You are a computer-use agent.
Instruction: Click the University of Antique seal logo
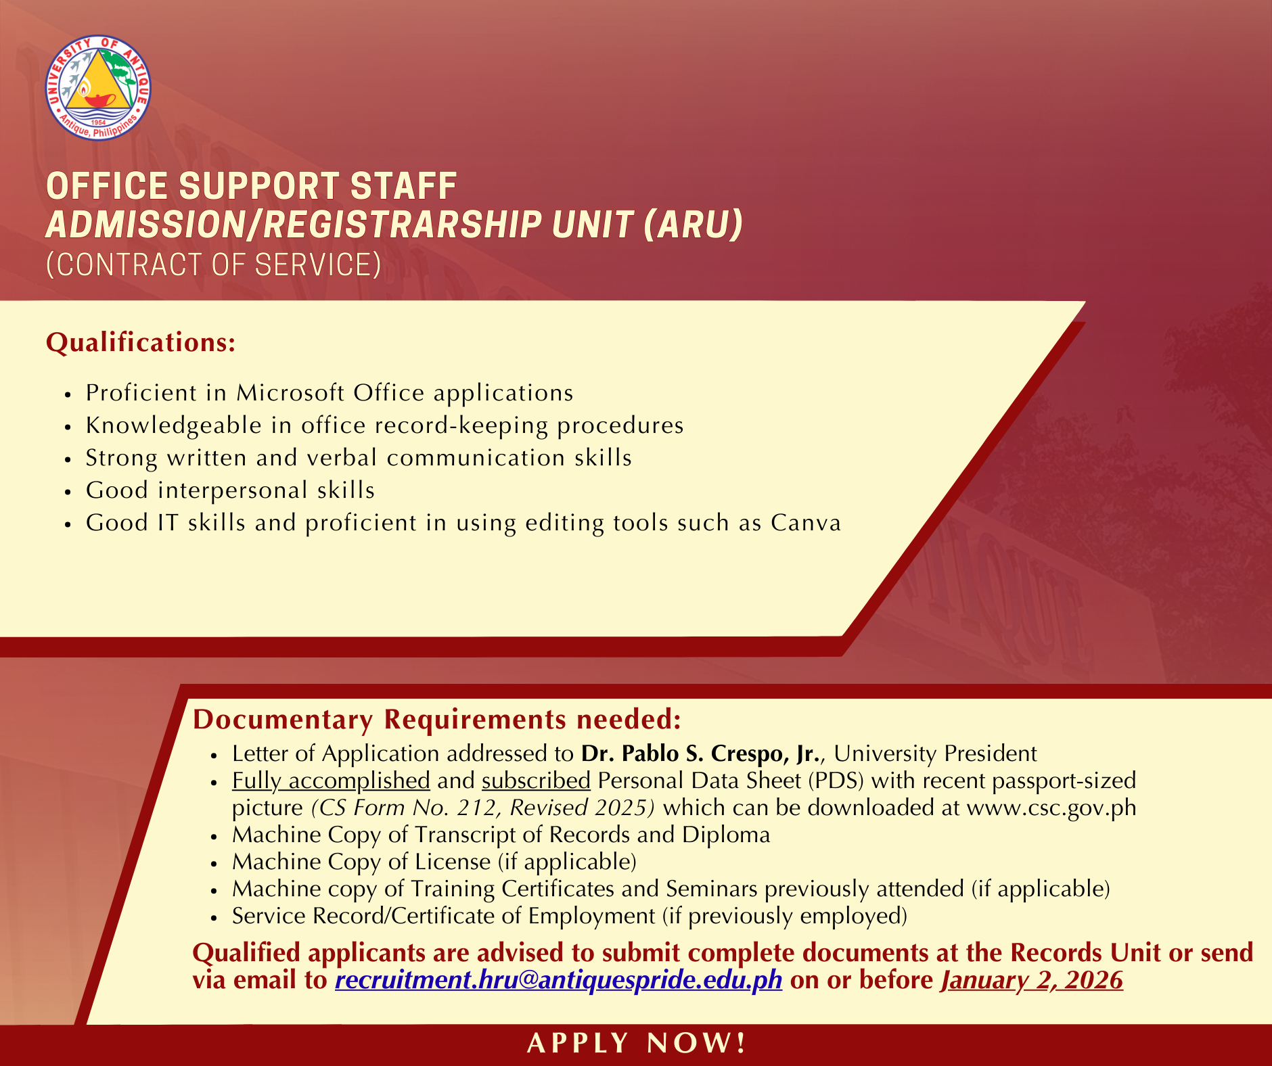click(98, 88)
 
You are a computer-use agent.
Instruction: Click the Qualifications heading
click(141, 342)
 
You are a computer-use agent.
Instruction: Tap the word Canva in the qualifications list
click(806, 523)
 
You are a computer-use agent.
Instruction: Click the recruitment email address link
click(559, 980)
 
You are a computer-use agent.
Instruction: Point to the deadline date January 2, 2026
click(1032, 980)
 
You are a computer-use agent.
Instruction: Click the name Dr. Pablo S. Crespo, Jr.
click(701, 754)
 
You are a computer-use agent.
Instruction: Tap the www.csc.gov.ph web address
click(1051, 808)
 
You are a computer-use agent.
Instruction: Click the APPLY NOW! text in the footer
click(637, 1043)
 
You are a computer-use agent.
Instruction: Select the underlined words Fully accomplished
click(331, 781)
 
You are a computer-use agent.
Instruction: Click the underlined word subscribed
click(536, 781)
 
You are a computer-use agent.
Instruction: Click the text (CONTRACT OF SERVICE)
click(214, 264)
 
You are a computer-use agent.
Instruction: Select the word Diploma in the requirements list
click(726, 835)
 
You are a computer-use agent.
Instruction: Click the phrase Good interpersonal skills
click(230, 490)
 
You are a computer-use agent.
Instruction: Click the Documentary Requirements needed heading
click(437, 720)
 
